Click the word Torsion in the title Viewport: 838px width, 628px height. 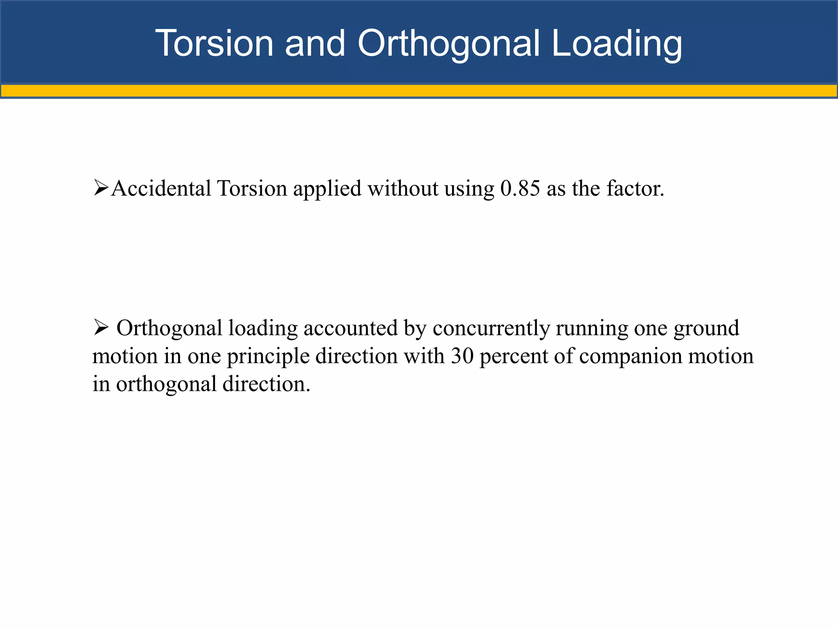(214, 43)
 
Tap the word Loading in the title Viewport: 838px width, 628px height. (617, 43)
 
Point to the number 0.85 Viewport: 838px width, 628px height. (520, 188)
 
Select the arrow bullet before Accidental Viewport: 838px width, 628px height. (101, 188)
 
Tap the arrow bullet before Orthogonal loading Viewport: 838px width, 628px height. (101, 327)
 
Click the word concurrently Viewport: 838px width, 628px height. (491, 328)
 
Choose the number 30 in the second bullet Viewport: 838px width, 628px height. (462, 356)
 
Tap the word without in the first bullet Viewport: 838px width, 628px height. (403, 188)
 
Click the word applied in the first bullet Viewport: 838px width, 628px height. (327, 189)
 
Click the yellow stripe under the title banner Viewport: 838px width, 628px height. (419, 90)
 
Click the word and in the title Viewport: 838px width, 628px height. (315, 43)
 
